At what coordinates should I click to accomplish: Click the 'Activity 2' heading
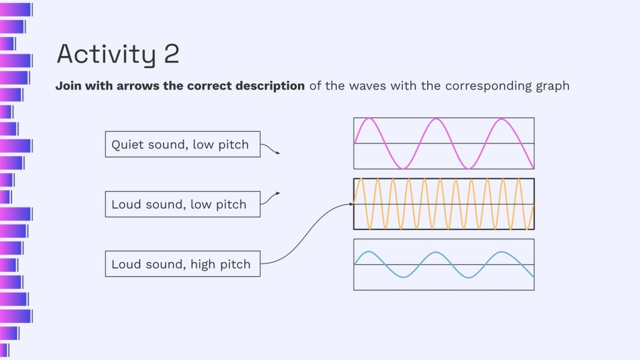click(x=118, y=54)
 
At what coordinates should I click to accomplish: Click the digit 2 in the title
click(x=171, y=54)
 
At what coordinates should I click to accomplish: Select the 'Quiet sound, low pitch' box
click(x=182, y=144)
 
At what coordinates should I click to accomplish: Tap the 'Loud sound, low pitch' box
click(x=182, y=204)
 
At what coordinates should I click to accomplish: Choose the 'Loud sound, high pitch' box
click(x=182, y=264)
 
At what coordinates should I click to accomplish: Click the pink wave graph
click(x=443, y=143)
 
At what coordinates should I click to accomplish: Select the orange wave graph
click(x=443, y=204)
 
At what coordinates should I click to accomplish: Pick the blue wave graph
click(x=443, y=264)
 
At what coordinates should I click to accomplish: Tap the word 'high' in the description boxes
click(x=204, y=264)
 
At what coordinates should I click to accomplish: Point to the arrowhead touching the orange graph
click(x=351, y=204)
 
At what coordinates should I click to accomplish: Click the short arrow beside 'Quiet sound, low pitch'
click(x=271, y=150)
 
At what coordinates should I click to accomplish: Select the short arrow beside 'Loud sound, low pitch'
click(x=271, y=198)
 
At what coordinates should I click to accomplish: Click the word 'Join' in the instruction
click(x=66, y=86)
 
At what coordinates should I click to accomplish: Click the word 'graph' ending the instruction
click(x=554, y=87)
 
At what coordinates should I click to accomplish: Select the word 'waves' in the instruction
click(x=367, y=86)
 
